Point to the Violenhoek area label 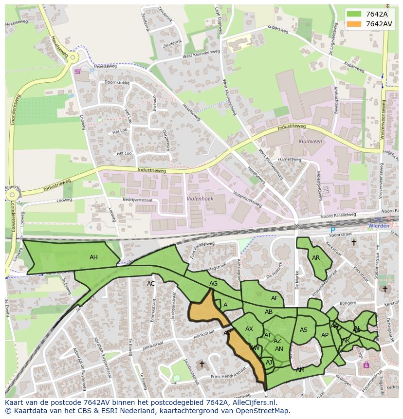click(x=200, y=199)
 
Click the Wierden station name click(x=379, y=226)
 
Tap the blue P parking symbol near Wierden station click(x=333, y=230)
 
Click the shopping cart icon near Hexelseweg click(x=77, y=72)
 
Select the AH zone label click(x=93, y=257)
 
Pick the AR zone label click(x=316, y=258)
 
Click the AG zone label click(x=213, y=284)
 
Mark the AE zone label click(x=275, y=298)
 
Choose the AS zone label click(x=304, y=330)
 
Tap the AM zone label click(x=300, y=370)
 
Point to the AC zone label click(x=151, y=284)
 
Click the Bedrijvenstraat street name click(x=138, y=200)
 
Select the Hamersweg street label click(x=290, y=160)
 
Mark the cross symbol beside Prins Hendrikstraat click(x=201, y=364)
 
